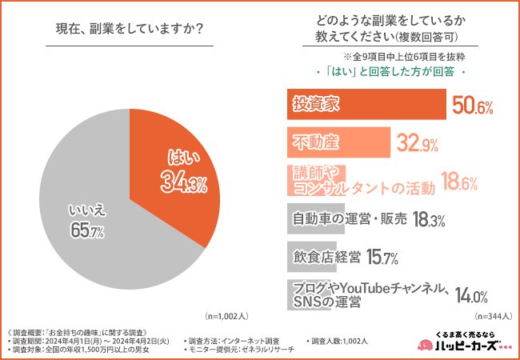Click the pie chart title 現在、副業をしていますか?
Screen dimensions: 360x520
[x=128, y=30]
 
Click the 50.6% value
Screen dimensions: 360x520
[x=473, y=106]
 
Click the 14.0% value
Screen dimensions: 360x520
[x=472, y=295]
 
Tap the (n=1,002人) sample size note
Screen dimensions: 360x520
[x=230, y=316]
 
